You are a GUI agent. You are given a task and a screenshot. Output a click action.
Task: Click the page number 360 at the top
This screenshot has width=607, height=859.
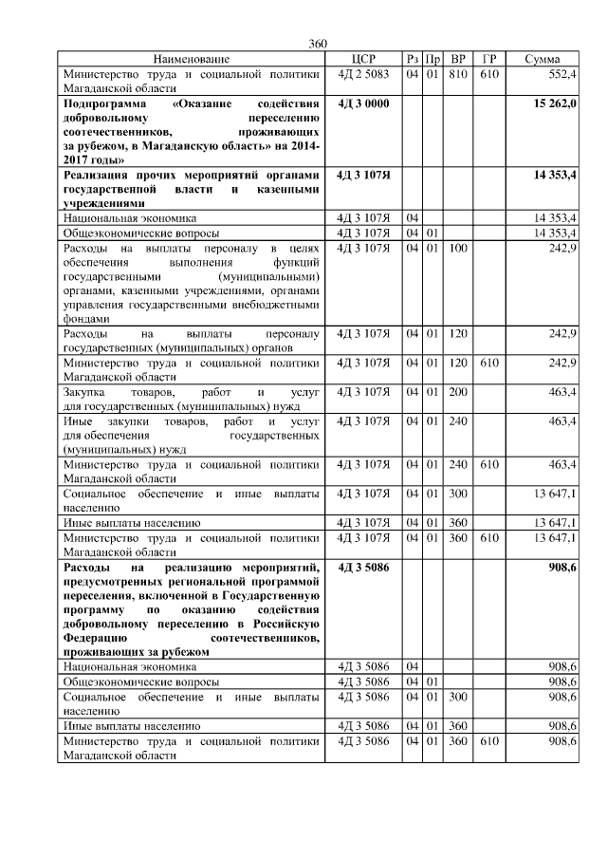(x=318, y=44)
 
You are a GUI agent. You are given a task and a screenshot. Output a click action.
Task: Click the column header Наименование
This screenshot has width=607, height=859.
(x=192, y=59)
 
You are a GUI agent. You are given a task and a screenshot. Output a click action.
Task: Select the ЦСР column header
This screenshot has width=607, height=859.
(x=363, y=59)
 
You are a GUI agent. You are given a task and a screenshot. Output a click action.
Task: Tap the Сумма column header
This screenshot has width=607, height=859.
(x=542, y=59)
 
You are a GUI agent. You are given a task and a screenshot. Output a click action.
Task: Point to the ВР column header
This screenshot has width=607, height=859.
(x=458, y=59)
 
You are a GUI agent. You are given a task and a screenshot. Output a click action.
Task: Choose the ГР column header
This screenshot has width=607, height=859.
(x=489, y=59)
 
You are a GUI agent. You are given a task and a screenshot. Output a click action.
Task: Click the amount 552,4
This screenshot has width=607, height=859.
(x=562, y=73)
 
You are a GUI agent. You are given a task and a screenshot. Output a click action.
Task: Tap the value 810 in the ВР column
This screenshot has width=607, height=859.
(x=458, y=73)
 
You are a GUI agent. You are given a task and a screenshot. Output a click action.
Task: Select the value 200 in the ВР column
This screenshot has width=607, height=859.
(x=458, y=391)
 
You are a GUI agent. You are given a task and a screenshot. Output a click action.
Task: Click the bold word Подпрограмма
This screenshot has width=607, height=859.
(x=105, y=103)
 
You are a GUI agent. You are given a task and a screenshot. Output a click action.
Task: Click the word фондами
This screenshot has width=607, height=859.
(x=87, y=320)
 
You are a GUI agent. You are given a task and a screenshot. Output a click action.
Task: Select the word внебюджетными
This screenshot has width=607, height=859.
(x=275, y=306)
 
